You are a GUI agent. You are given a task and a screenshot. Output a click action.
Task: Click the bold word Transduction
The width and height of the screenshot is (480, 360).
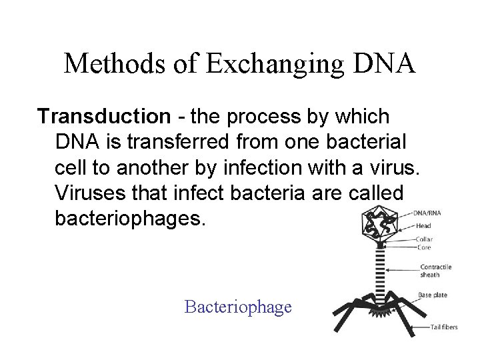click(104, 117)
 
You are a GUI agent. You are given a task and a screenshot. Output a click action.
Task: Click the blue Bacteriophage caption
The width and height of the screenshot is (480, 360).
click(238, 307)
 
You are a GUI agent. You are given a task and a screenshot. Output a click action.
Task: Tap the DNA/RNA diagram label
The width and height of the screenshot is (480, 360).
click(427, 213)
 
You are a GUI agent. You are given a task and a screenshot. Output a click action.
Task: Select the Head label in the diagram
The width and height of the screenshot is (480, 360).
click(424, 226)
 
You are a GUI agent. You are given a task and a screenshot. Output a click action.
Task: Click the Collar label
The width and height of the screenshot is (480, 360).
click(425, 239)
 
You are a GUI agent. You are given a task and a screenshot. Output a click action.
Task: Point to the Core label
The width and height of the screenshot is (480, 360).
click(423, 247)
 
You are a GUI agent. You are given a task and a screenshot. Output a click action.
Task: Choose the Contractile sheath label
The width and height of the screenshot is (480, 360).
click(435, 271)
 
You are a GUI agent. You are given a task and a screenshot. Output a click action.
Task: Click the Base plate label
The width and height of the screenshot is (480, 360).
click(433, 294)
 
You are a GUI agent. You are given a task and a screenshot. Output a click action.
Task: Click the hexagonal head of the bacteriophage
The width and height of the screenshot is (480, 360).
click(381, 224)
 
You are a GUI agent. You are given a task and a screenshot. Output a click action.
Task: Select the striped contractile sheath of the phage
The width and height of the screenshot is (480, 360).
click(382, 273)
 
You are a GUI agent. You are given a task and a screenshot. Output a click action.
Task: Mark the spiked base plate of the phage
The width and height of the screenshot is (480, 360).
click(382, 307)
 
